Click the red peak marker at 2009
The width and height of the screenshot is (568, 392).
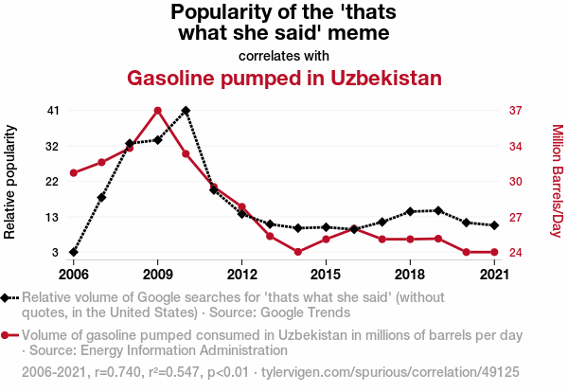tap(158, 111)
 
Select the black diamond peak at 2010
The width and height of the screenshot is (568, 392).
tap(186, 111)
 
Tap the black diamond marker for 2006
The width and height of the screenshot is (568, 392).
tap(74, 252)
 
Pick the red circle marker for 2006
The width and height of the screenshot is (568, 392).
tap(74, 173)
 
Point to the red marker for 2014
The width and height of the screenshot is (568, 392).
tap(297, 252)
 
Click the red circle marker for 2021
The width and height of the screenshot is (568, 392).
tap(494, 252)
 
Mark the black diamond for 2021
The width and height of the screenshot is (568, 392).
tap(494, 225)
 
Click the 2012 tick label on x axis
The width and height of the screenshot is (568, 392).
tap(242, 275)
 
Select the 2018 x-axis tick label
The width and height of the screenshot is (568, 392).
tap(410, 275)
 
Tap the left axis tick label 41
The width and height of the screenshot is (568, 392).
tap(53, 111)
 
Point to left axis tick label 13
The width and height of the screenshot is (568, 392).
tap(53, 217)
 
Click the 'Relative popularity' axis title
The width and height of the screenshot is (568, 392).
tap(11, 182)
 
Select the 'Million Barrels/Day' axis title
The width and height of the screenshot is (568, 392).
tap(557, 182)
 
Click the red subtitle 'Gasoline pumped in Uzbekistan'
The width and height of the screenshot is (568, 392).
tap(284, 77)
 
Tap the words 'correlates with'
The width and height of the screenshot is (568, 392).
tap(284, 54)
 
